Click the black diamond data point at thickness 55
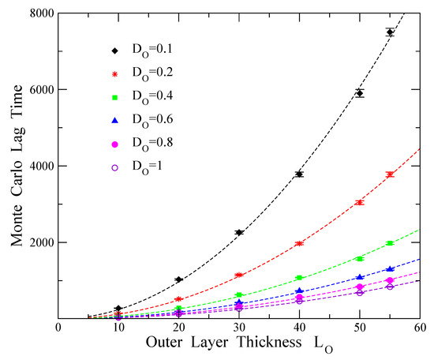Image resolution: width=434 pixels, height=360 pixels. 390,32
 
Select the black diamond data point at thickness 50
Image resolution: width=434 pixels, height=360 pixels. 360,92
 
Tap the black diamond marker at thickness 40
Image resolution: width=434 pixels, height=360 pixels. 299,174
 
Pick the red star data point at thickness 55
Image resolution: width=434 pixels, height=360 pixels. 390,174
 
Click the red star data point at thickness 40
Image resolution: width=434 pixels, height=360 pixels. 299,244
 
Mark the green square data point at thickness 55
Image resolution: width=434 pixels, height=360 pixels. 390,243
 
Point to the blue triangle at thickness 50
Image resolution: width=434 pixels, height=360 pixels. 360,277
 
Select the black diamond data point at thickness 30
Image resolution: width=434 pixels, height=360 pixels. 239,232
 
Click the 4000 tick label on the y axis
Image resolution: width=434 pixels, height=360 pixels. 40,167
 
